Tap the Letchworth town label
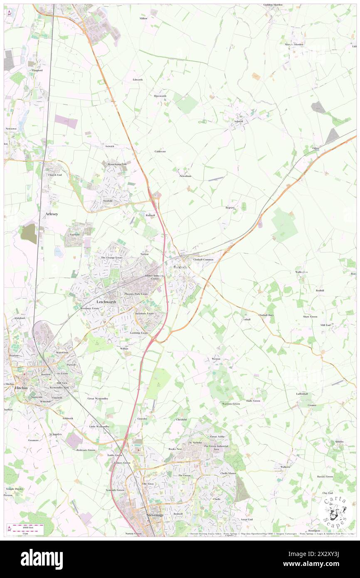(x=106, y=301)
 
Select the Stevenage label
(x=156, y=515)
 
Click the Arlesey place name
(x=52, y=214)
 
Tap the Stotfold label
(x=108, y=201)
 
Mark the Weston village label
(x=216, y=358)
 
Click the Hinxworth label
(x=160, y=96)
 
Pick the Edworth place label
(x=138, y=79)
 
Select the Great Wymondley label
(x=98, y=398)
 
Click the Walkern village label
(x=285, y=467)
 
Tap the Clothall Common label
(x=203, y=259)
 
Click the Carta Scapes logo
(x=335, y=511)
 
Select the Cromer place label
(x=312, y=405)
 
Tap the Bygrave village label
(x=230, y=207)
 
